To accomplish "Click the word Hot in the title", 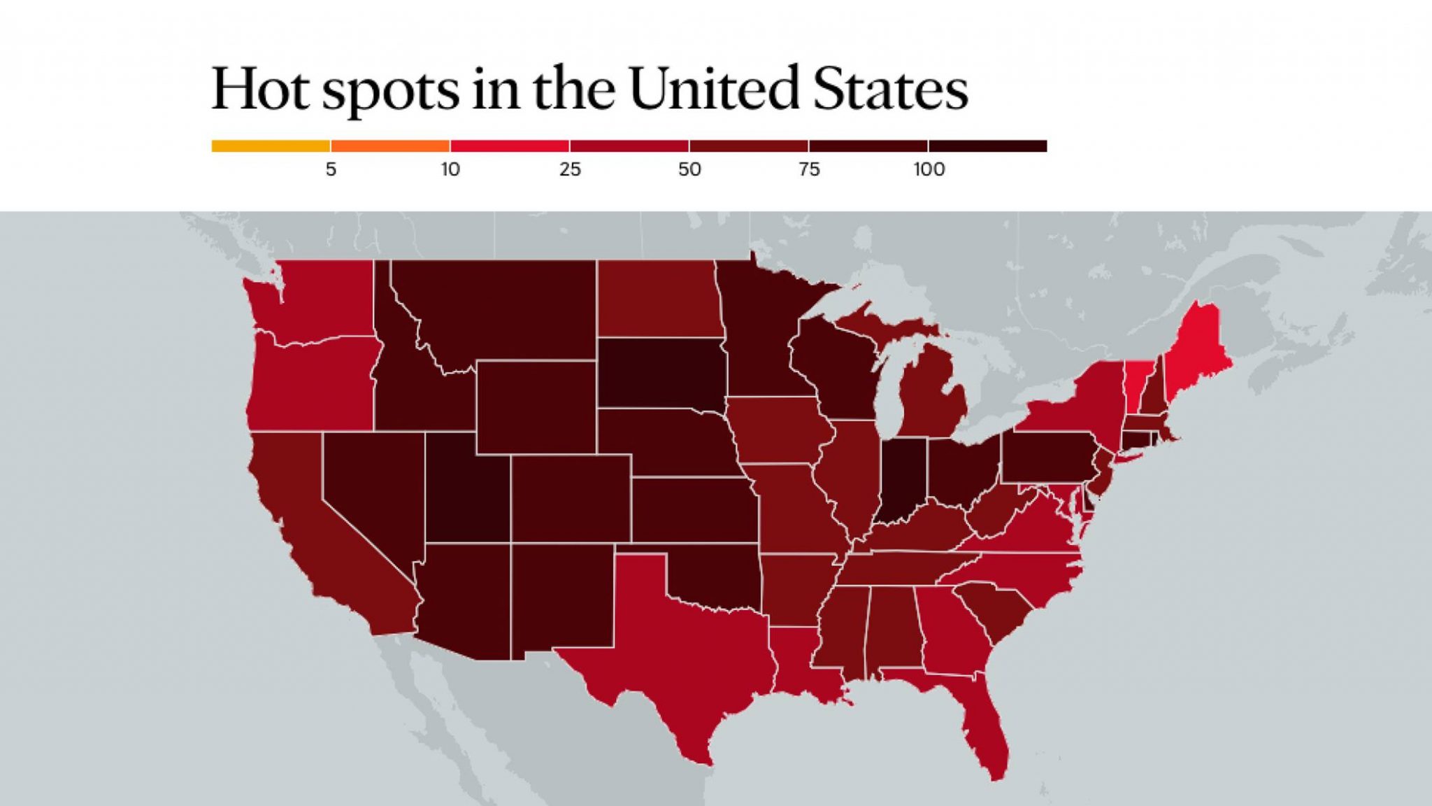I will [260, 89].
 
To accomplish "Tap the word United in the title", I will [713, 89].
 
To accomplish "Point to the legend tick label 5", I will [331, 169].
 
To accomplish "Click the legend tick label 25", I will [570, 169].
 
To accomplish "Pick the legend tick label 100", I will [929, 169].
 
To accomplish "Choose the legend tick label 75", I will [809, 169].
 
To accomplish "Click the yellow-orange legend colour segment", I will [271, 146].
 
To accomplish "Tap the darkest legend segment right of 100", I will [988, 146].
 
